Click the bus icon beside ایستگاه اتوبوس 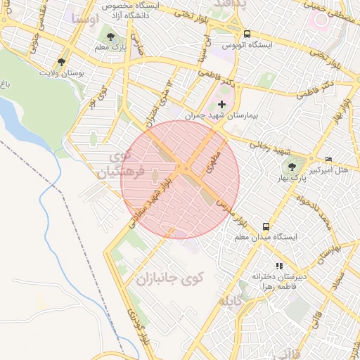[247, 33]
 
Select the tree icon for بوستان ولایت [64, 62]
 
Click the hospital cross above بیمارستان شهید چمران [222, 104]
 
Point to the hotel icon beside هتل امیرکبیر [329, 160]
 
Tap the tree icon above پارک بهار [292, 167]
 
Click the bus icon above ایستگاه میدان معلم [266, 226]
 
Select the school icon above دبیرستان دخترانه [280, 266]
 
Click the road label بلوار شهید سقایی [145, 205]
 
